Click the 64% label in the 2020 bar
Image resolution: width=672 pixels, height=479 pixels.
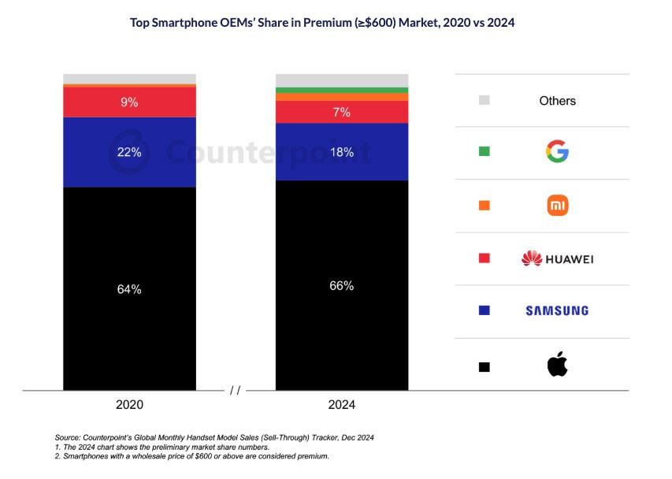[x=129, y=289]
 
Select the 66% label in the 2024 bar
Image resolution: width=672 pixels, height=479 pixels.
[x=342, y=285]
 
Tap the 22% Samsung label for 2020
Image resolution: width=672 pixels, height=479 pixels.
[x=129, y=152]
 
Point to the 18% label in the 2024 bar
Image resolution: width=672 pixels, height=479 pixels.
[x=342, y=152]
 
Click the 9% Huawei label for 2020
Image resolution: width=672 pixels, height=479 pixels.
[x=129, y=102]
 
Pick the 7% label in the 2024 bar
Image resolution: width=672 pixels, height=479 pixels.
[x=342, y=113]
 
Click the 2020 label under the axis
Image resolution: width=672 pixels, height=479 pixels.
[x=129, y=405]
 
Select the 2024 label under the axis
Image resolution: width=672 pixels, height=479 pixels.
[x=342, y=405]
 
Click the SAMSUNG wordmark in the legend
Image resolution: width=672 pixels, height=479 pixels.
[x=557, y=310]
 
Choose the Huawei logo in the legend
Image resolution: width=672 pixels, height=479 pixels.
[x=557, y=258]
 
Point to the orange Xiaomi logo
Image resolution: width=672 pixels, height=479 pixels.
[x=557, y=206]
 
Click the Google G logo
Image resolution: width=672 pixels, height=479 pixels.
[x=557, y=151]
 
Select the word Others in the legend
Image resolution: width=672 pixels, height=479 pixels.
[x=557, y=101]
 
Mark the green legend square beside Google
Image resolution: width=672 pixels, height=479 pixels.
[x=485, y=151]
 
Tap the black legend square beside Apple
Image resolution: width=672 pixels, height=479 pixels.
[x=485, y=366]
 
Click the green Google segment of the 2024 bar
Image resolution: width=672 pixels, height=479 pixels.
[x=342, y=90]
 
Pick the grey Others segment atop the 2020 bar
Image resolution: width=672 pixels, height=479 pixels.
[x=129, y=78]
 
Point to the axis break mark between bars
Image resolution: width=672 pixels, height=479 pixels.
[x=235, y=390]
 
